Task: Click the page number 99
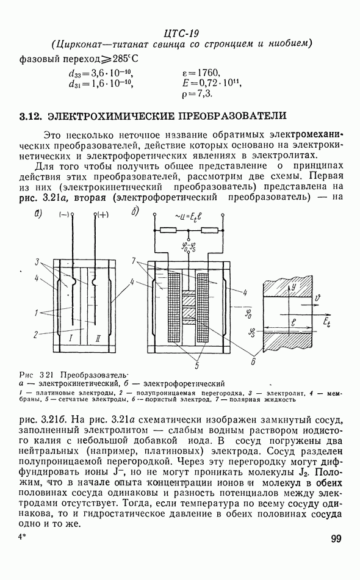click(x=336, y=538)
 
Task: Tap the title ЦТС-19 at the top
click(x=181, y=34)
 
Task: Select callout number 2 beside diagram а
click(x=35, y=335)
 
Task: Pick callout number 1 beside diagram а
click(x=36, y=313)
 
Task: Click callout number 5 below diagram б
click(x=196, y=366)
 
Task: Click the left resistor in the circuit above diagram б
click(x=168, y=230)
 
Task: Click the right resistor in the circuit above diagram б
click(x=209, y=230)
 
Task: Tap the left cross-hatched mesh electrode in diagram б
click(x=174, y=308)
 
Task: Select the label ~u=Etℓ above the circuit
click(x=188, y=218)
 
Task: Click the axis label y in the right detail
click(x=294, y=287)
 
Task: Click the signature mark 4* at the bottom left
click(x=22, y=537)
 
